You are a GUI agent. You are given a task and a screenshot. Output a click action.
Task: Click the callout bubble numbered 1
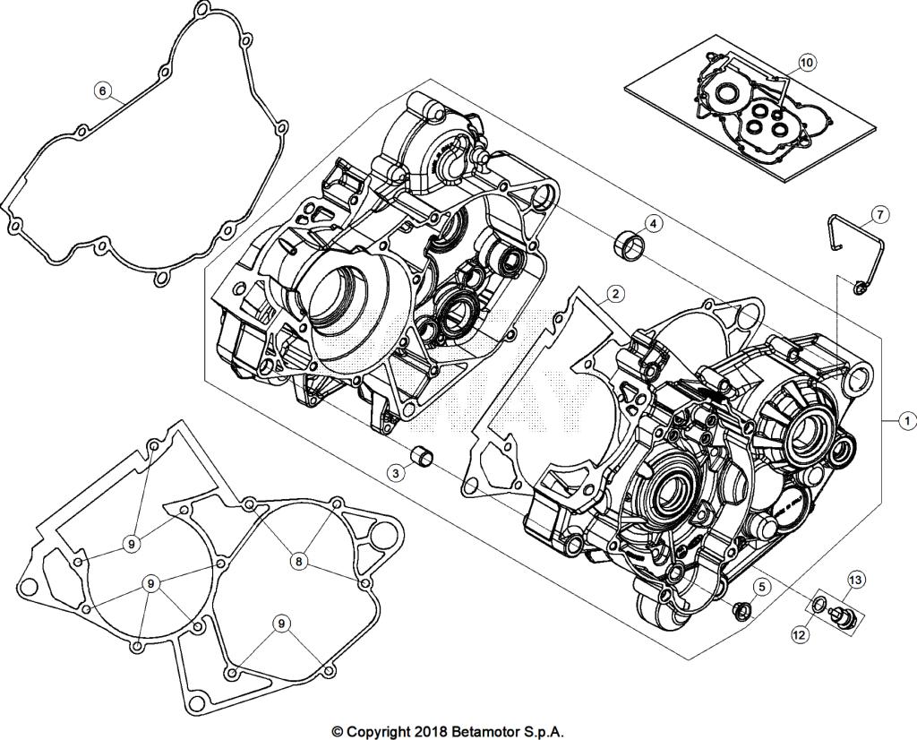[x=906, y=418]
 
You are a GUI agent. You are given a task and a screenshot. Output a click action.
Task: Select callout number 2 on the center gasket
[x=614, y=293]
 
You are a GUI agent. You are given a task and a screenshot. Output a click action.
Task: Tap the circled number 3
[x=395, y=472]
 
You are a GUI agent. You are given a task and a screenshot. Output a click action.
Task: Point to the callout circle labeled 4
[x=654, y=223]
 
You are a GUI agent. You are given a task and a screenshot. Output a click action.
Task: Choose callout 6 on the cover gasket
[x=102, y=90]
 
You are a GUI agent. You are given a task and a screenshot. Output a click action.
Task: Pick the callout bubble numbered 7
[x=880, y=215]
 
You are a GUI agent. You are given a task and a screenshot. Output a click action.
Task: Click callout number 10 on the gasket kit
[x=806, y=63]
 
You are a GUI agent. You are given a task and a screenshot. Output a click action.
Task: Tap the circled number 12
[x=799, y=633]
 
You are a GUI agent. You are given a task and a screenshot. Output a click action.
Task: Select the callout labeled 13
[x=855, y=581]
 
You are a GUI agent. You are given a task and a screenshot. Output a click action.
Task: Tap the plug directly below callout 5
[x=741, y=612]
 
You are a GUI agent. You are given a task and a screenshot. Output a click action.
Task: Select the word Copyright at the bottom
[x=377, y=731]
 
